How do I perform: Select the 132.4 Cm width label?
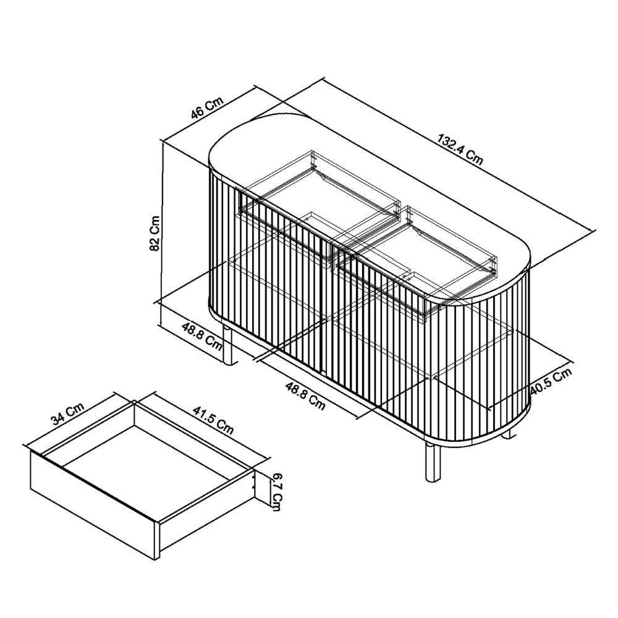[x=460, y=150]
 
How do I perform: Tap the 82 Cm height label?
[x=155, y=233]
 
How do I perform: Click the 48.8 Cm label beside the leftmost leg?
[x=202, y=336]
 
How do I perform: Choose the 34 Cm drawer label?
[x=68, y=413]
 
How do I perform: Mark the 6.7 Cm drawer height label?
[x=277, y=493]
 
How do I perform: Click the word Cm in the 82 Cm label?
[x=155, y=225]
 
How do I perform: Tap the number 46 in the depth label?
[x=198, y=112]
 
